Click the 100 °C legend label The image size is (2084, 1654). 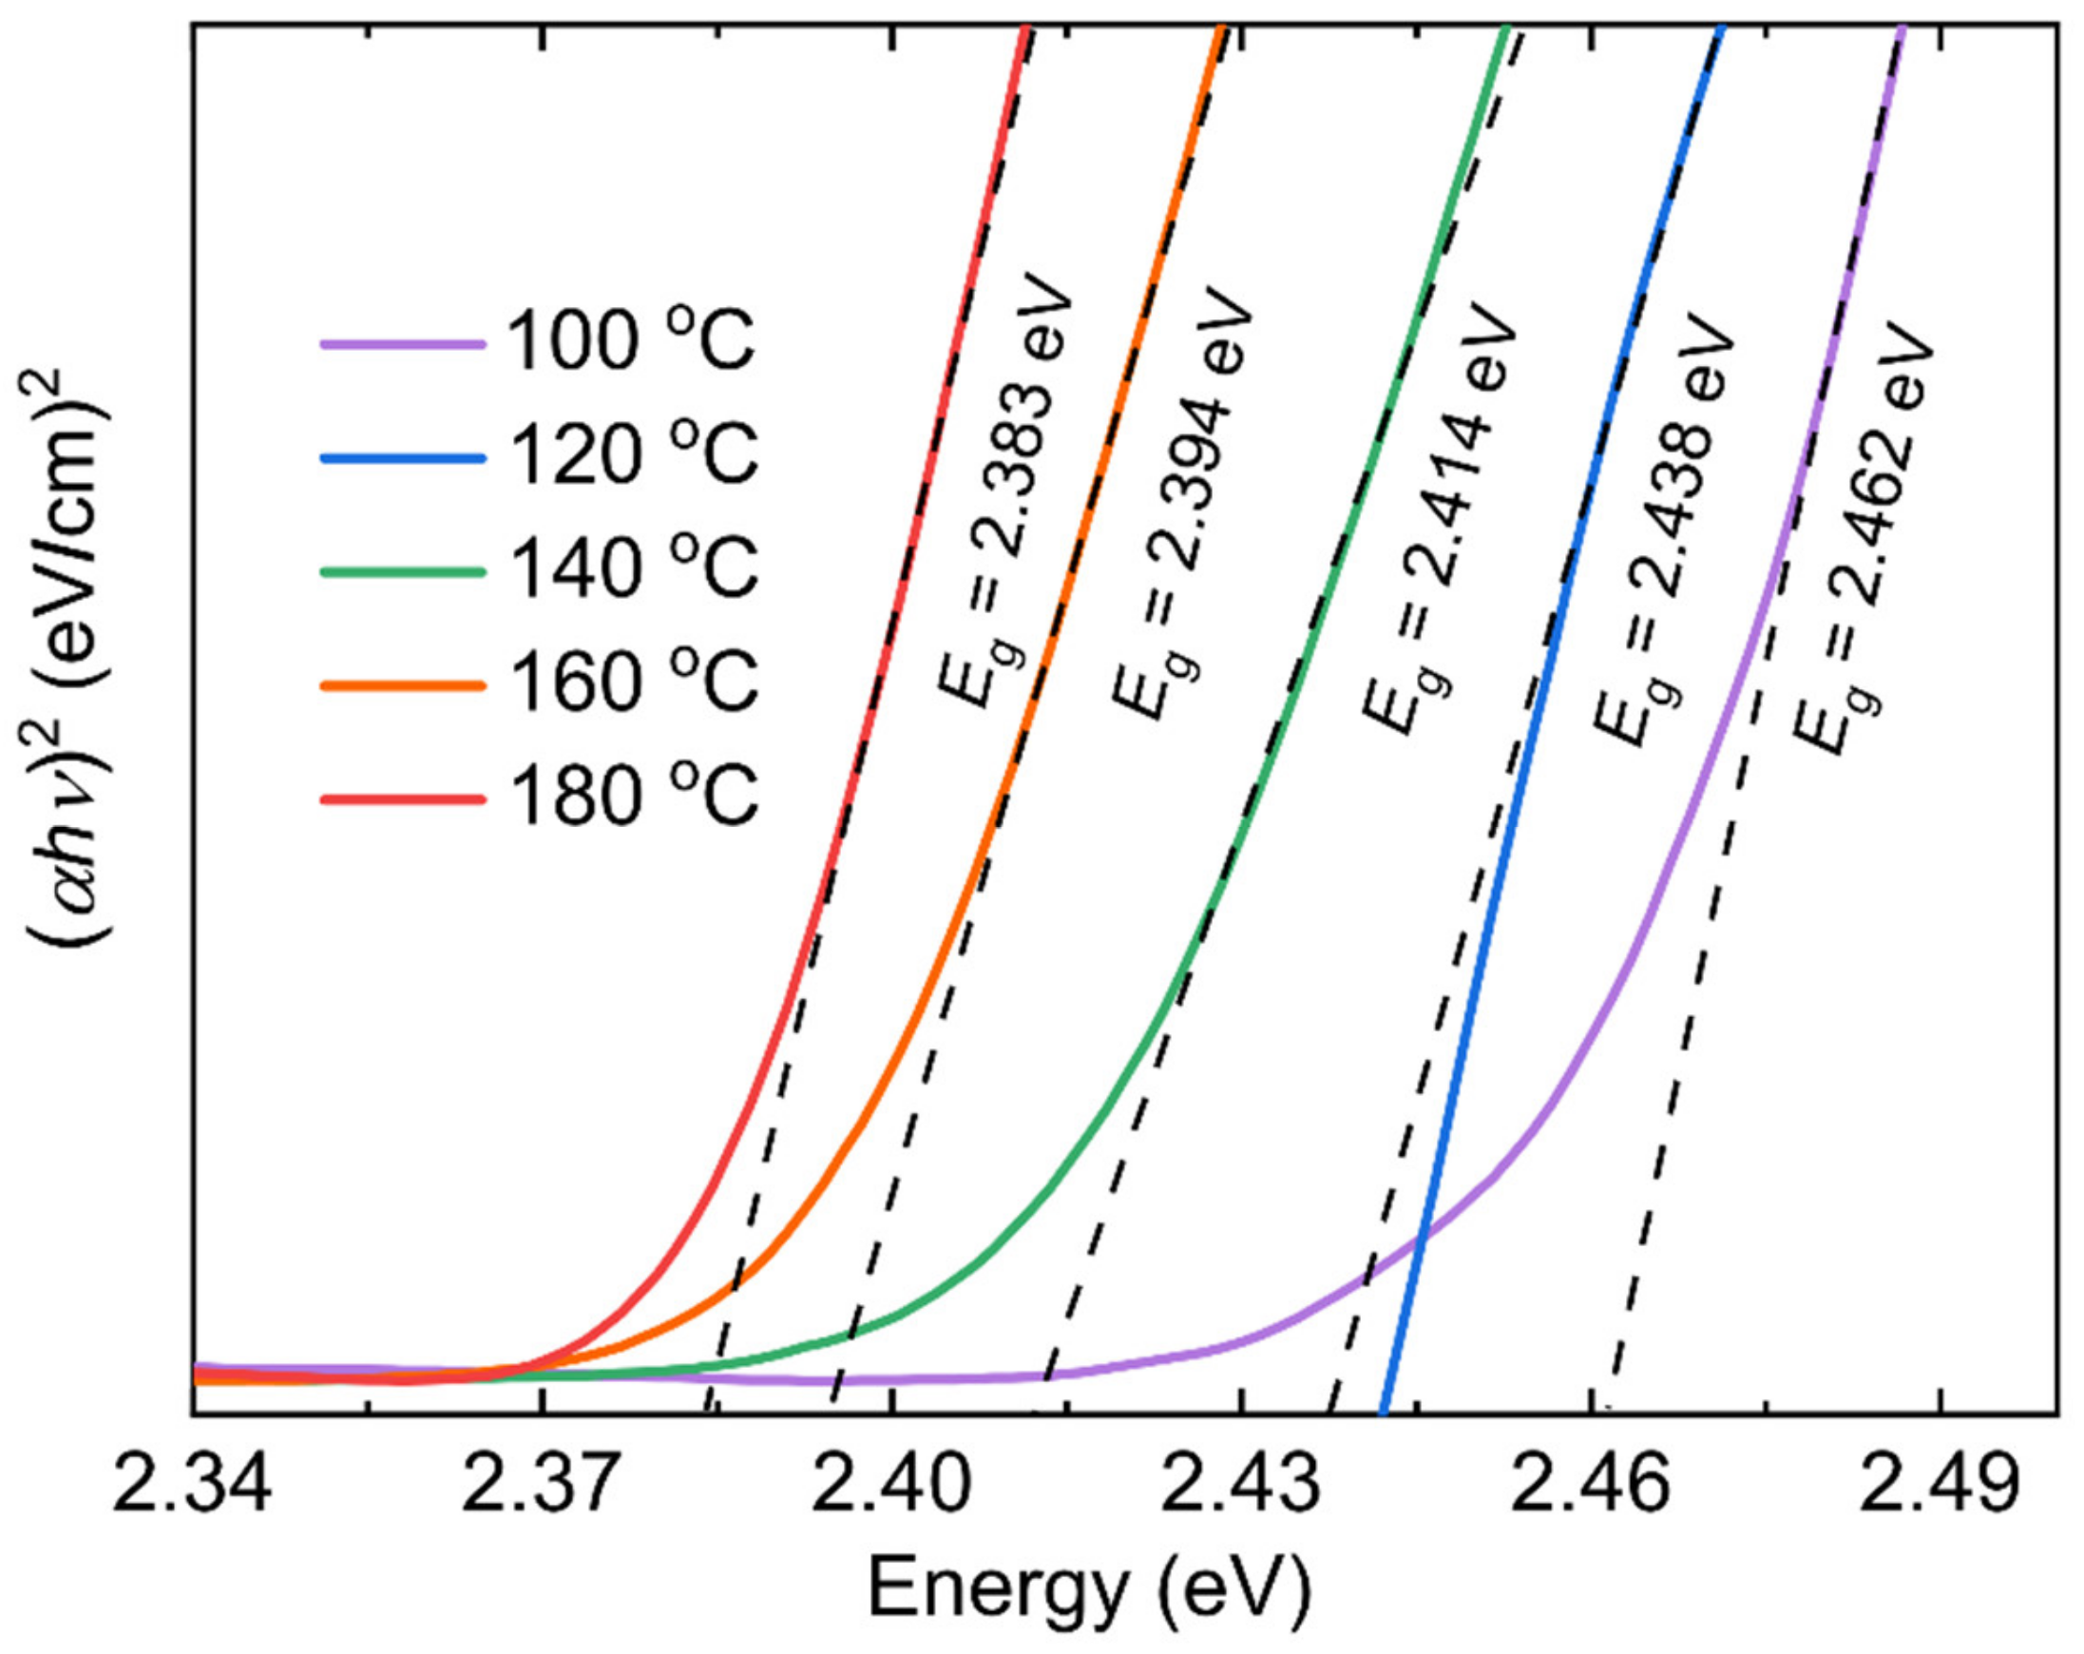pos(630,342)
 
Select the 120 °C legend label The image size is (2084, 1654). pos(630,455)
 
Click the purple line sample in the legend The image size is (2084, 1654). pos(402,344)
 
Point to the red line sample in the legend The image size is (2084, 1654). pos(402,798)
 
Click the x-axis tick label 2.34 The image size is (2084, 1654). pos(192,1486)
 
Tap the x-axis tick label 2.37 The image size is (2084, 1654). pos(542,1486)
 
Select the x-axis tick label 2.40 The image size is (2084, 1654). pos(890,1486)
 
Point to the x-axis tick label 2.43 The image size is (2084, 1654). pos(1240,1486)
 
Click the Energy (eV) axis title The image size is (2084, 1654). pos(1089,1589)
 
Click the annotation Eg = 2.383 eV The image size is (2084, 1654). pos(1005,493)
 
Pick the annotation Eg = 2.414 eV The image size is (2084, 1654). pos(1438,517)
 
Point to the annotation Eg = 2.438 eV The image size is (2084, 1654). pos(1660,527)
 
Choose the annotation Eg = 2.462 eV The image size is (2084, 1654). pos(1861,536)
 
